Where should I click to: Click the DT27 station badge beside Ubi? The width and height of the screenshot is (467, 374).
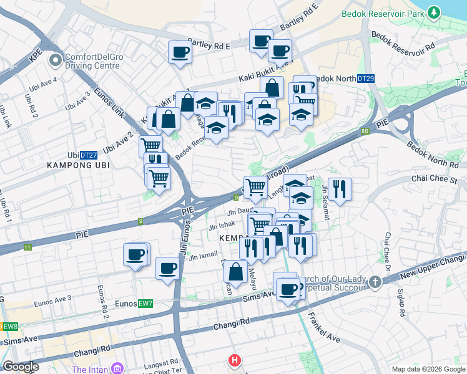89,155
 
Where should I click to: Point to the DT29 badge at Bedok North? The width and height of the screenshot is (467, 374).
366,79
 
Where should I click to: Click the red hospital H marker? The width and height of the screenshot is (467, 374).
234,360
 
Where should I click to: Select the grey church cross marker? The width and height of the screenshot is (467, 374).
375,282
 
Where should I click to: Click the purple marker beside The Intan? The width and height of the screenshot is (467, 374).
115,369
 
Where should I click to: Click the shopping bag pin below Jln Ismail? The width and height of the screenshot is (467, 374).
236,272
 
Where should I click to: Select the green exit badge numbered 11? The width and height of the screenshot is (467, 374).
27,247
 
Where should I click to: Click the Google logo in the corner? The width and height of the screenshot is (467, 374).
21,367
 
